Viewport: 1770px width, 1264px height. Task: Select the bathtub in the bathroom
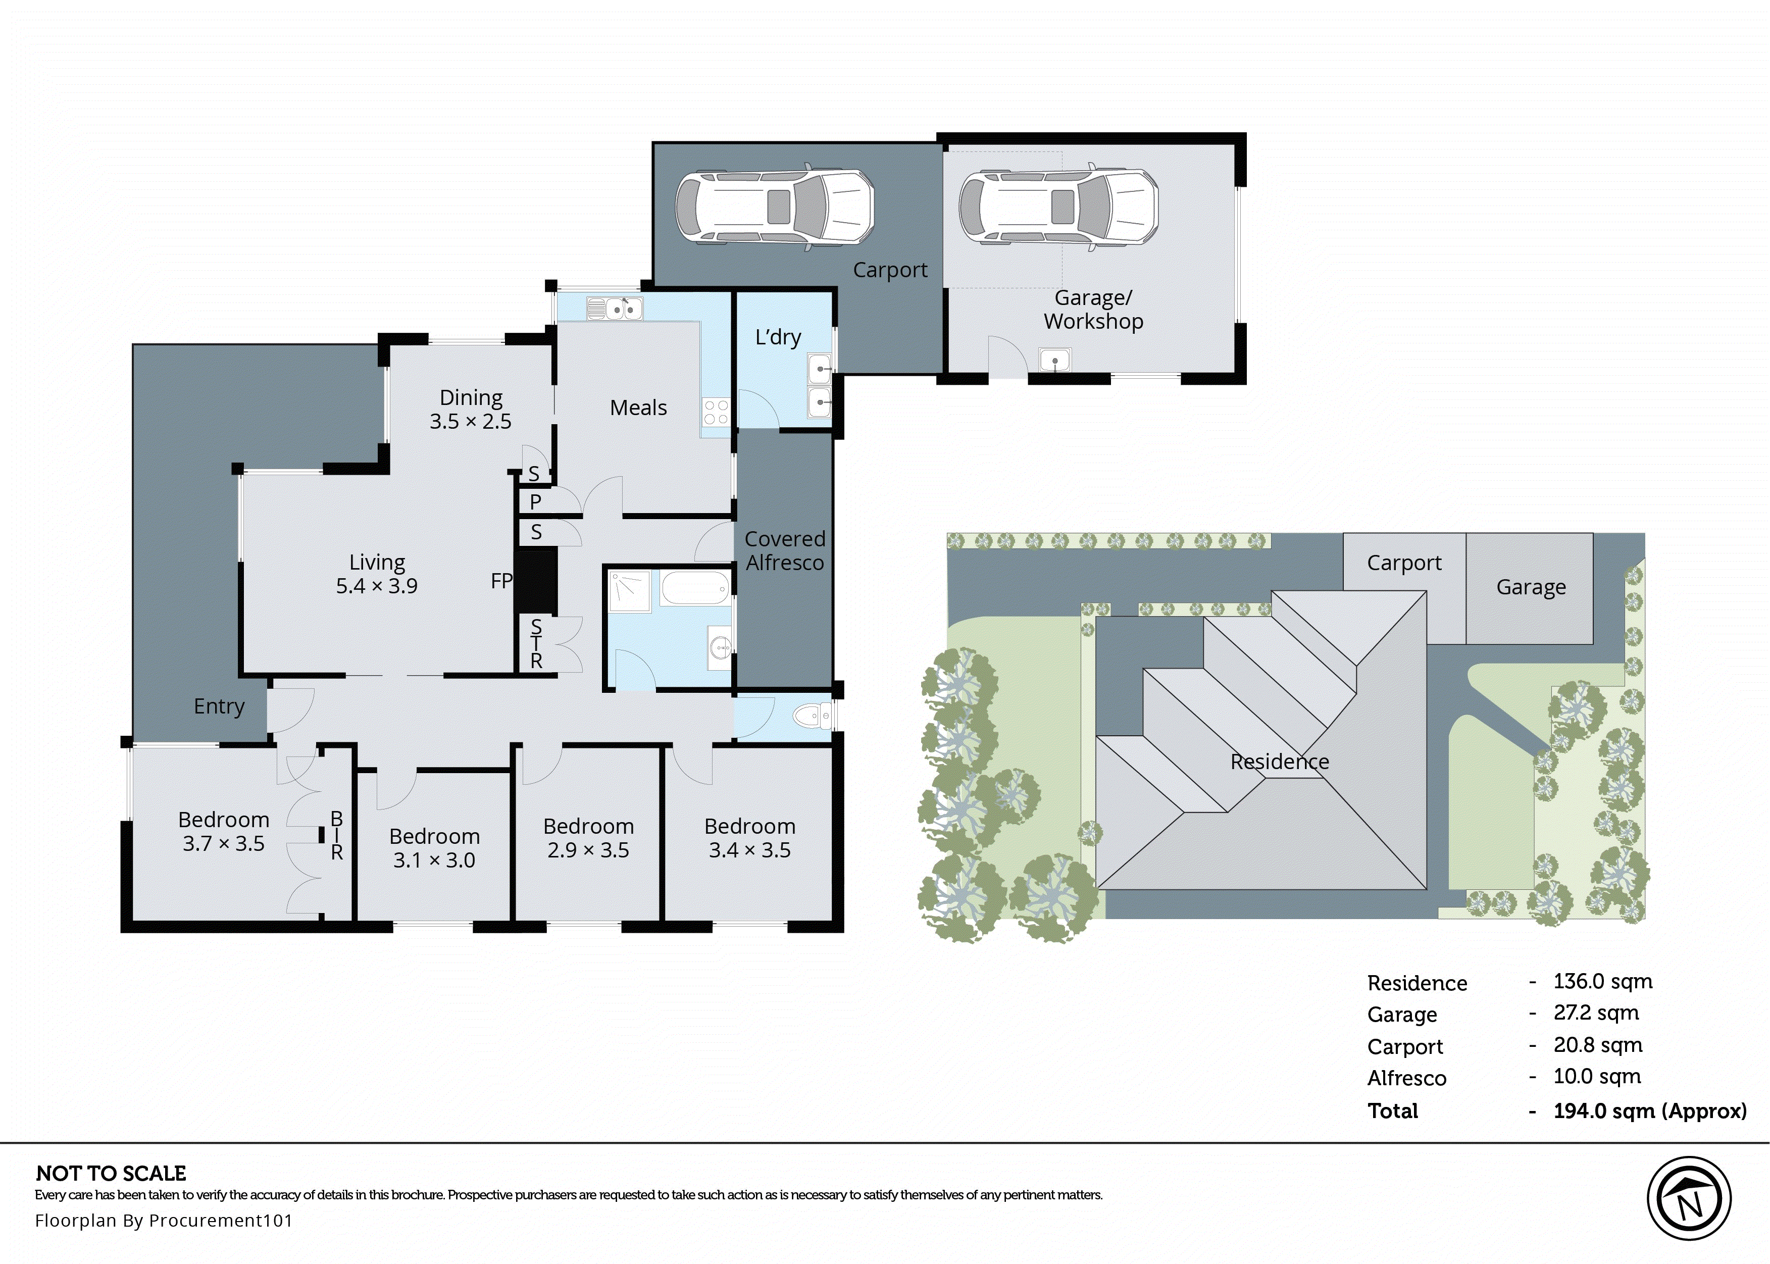coord(695,588)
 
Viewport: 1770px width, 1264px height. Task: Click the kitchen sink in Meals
coord(616,310)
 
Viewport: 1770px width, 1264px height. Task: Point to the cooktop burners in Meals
coord(715,413)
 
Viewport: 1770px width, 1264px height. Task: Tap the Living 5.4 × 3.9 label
coord(377,574)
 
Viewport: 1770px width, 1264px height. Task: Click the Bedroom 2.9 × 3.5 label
coord(588,838)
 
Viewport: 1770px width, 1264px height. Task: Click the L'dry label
coord(778,337)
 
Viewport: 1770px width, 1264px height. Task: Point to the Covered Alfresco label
coord(785,550)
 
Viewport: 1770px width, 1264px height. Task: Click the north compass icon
coord(1688,1199)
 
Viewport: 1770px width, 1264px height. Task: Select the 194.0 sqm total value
coord(1649,1110)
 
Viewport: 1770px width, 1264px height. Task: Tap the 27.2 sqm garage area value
coord(1596,1013)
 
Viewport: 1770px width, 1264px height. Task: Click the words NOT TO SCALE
coord(111,1173)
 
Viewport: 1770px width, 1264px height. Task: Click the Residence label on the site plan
coord(1280,761)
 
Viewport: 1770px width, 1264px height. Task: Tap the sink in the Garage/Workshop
coord(1055,361)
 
